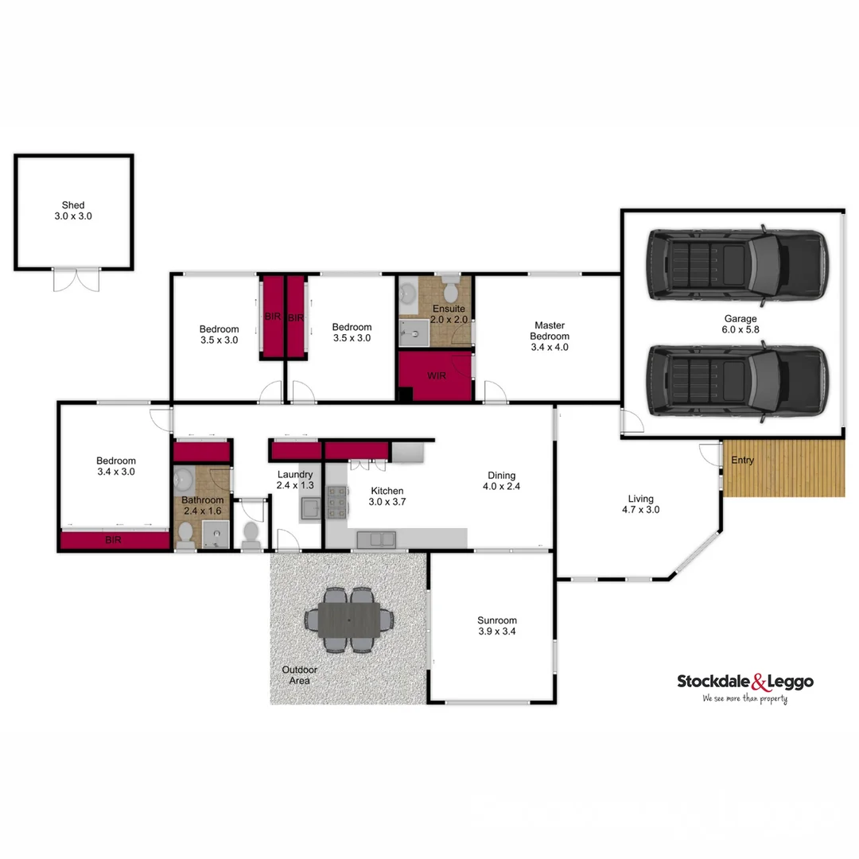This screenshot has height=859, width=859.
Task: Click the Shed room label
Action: pyautogui.click(x=73, y=211)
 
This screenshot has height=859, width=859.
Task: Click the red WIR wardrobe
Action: pyautogui.click(x=434, y=376)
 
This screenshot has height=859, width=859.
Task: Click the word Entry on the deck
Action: pyautogui.click(x=742, y=461)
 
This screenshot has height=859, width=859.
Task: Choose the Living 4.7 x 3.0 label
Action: pyautogui.click(x=640, y=504)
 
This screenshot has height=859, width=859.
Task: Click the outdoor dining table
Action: pyautogui.click(x=350, y=620)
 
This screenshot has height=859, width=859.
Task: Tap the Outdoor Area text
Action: pyautogui.click(x=299, y=675)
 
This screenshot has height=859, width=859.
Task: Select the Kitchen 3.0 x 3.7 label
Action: pyautogui.click(x=387, y=496)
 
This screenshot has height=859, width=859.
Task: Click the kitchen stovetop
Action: pyautogui.click(x=336, y=503)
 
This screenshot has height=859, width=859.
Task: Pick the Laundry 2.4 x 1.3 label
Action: pyautogui.click(x=295, y=480)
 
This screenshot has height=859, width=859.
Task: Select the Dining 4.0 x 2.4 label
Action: pyautogui.click(x=503, y=481)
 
